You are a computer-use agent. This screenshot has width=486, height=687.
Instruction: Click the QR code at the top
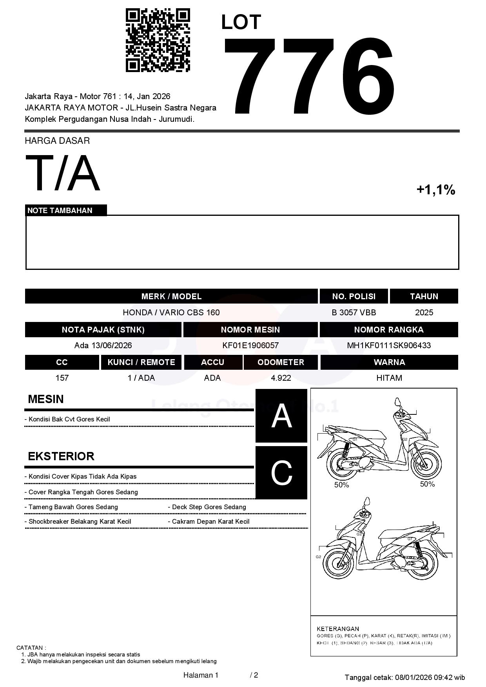158,40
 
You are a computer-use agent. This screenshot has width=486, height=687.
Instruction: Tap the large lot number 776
309,76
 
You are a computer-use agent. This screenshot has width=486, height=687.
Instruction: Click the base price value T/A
63,173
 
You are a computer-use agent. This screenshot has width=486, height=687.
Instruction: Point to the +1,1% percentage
435,190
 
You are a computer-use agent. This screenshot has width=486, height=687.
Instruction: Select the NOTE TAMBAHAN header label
60,211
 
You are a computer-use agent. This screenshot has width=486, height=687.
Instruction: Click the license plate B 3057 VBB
354,313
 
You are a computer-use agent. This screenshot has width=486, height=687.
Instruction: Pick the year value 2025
424,313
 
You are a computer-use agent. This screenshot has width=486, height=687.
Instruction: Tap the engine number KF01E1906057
250,345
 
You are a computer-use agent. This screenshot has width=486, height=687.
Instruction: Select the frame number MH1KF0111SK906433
389,345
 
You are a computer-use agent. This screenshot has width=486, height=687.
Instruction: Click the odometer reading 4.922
281,378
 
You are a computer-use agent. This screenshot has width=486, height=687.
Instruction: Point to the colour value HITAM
389,378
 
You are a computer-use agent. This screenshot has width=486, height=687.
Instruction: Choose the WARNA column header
389,362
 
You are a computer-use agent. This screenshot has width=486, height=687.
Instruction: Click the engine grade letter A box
281,416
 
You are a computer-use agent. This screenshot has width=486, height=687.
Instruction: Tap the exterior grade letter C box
281,473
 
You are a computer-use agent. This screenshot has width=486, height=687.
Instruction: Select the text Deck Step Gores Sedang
209,507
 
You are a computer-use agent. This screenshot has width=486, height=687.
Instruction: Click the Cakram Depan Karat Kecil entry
210,522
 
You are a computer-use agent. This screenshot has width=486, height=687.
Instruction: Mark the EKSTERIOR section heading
61,456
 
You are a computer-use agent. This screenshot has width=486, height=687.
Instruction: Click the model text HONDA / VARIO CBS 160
171,313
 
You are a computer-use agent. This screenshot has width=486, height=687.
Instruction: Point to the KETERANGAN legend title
338,629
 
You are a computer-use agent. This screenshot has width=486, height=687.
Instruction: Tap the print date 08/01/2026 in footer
413,677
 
